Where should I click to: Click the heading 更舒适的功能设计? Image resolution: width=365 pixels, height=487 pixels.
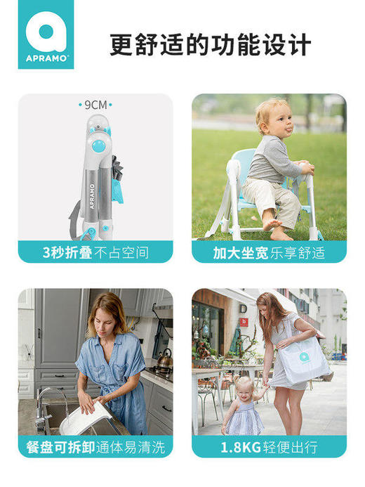[x=211, y=45]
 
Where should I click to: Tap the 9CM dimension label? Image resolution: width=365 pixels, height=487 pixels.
[x=95, y=105]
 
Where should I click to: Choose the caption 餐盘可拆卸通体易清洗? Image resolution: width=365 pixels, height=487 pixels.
[x=95, y=447]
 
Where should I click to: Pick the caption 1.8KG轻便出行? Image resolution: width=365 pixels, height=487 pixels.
[x=270, y=447]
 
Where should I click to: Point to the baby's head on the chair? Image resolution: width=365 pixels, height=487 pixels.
[x=272, y=115]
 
